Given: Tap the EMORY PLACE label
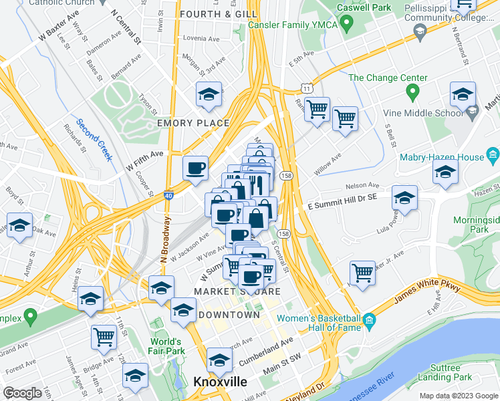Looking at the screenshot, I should (193, 124).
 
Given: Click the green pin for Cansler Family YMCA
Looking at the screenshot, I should (346, 25).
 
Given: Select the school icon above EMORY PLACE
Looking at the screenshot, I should (209, 95).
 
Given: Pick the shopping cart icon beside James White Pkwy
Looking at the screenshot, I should (362, 273).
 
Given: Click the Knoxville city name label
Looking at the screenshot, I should (220, 382).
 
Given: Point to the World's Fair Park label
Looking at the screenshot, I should (166, 346).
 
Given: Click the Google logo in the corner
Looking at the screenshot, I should (22, 393).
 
